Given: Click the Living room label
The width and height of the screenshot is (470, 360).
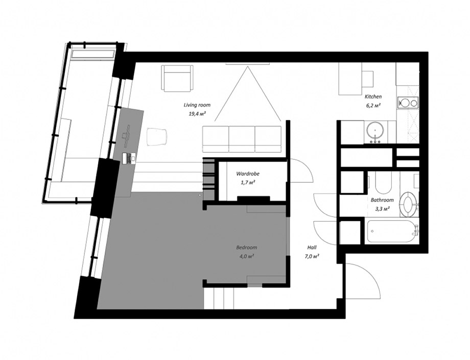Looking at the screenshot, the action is pos(197,105).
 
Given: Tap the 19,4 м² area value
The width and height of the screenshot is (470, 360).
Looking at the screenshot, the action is pos(197,114).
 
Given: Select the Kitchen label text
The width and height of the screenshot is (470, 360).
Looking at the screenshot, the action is pos(373,97).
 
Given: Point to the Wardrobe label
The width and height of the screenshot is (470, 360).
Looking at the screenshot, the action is pos(248,174).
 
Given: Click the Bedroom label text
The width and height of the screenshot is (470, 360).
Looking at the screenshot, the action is pos(247,248).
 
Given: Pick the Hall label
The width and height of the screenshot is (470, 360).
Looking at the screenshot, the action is pos(312,248).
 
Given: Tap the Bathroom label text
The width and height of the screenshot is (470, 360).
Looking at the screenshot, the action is pos(382,200).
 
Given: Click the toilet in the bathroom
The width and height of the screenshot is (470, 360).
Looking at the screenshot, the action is pos(408,205).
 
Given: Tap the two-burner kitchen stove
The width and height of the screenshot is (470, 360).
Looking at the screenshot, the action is pos(408,103).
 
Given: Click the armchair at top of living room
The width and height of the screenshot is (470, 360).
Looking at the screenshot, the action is pos(177,78).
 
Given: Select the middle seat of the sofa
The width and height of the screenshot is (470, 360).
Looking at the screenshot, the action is pos(242,139).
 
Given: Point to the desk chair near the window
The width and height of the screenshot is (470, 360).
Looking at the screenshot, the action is pos(156,137).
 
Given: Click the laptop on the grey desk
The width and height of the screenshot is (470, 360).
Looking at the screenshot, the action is pos(129,158).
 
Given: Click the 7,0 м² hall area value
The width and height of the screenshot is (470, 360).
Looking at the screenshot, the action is pos(312,256).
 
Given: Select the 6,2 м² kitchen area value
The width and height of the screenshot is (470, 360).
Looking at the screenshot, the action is pos(373,105).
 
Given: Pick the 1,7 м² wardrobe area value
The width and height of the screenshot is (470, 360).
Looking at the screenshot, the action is pos(248,182).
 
